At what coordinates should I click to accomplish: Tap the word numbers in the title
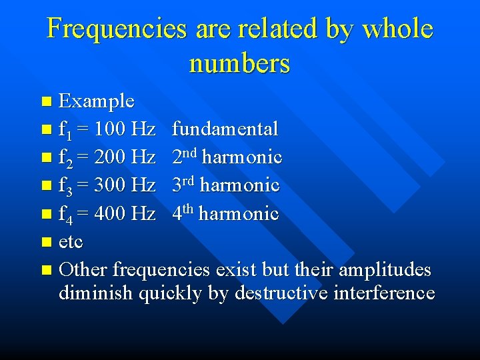pyautogui.click(x=239, y=63)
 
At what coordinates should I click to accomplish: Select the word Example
pyautogui.click(x=97, y=101)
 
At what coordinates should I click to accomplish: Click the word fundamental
pyautogui.click(x=225, y=129)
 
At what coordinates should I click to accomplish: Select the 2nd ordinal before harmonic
pyautogui.click(x=184, y=157)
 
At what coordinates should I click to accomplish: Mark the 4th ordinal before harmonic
pyautogui.click(x=183, y=213)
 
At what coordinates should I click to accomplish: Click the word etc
pyautogui.click(x=71, y=241)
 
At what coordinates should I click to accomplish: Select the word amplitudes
pyautogui.click(x=385, y=270)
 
